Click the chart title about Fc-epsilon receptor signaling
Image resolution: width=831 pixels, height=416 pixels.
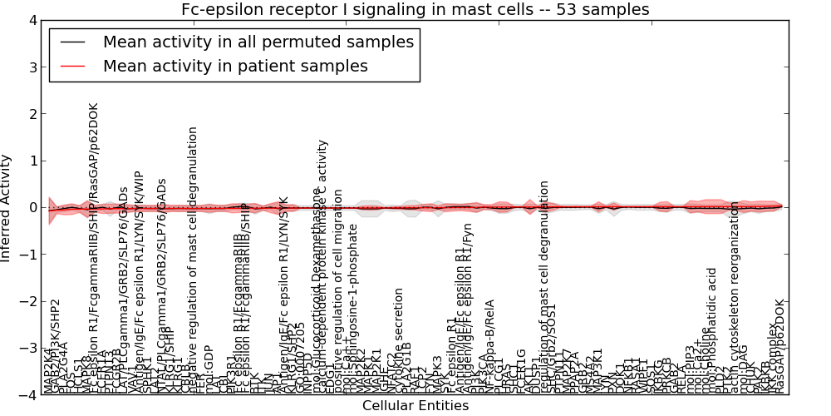click(415, 9)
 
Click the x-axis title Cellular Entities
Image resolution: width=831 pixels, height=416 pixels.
click(415, 406)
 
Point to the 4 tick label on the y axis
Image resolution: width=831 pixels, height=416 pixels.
click(32, 20)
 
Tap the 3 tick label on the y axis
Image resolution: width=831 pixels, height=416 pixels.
click(32, 67)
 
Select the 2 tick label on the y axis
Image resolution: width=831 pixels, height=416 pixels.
click(32, 114)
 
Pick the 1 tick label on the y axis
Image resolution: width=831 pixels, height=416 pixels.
click(32, 161)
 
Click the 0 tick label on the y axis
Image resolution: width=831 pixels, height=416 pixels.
click(32, 207)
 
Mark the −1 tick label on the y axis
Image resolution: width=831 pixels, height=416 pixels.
click(30, 255)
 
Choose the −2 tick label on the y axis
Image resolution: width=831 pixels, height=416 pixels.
click(30, 301)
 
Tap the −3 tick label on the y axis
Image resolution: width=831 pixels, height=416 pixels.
click(30, 348)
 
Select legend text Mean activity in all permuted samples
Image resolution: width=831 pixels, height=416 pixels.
click(258, 42)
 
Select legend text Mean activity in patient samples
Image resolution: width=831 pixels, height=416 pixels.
click(235, 66)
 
